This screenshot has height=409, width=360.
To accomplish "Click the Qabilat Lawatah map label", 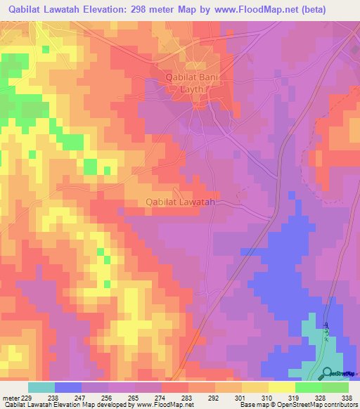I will pyautogui.click(x=179, y=202).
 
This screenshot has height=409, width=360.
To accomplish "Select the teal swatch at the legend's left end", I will pyautogui.click(x=41, y=387).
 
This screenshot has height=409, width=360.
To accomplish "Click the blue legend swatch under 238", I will pyautogui.click(x=68, y=387).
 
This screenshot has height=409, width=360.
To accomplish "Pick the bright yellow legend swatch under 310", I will pyautogui.click(x=282, y=387).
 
